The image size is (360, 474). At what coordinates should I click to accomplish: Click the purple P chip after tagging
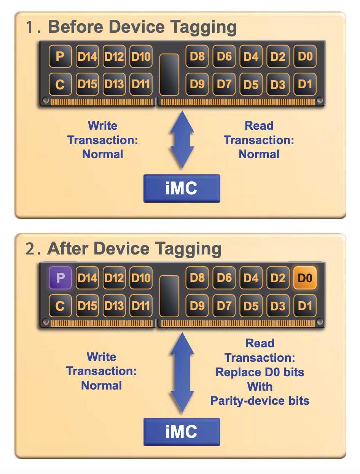pyautogui.click(x=60, y=278)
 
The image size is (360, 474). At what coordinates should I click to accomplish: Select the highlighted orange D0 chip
pyautogui.click(x=305, y=278)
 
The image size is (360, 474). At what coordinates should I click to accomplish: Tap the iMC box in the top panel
pyautogui.click(x=182, y=188)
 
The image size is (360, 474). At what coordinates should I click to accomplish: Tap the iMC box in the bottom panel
pyautogui.click(x=182, y=431)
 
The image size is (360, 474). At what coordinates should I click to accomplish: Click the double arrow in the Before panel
pyautogui.click(x=182, y=140)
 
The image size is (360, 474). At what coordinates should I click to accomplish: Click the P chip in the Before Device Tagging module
pyautogui.click(x=60, y=57)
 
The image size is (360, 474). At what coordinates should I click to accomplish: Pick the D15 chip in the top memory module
pyautogui.click(x=87, y=84)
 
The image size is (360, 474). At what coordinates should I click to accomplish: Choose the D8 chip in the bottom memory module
pyautogui.click(x=197, y=278)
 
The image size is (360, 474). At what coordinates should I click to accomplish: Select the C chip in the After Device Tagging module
pyautogui.click(x=60, y=305)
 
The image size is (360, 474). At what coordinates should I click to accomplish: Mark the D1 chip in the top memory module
pyautogui.click(x=305, y=84)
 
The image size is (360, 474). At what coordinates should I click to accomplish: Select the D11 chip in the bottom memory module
pyautogui.click(x=141, y=305)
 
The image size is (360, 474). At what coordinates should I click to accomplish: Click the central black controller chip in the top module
pyautogui.click(x=169, y=74)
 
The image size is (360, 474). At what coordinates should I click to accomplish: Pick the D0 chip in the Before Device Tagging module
pyautogui.click(x=305, y=57)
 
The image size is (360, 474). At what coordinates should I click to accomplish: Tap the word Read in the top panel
pyautogui.click(x=259, y=126)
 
